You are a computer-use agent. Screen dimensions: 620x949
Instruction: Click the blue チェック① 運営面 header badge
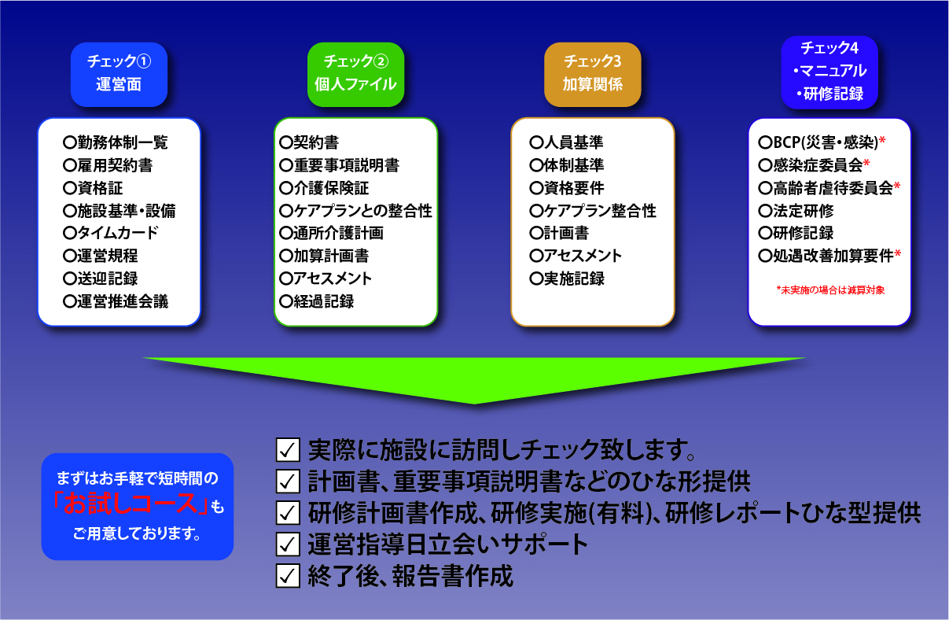click(x=119, y=75)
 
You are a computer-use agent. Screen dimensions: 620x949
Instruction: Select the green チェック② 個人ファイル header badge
click(x=355, y=75)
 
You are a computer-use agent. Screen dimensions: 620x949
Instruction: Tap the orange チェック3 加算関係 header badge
click(x=593, y=75)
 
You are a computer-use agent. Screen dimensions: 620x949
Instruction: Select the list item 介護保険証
click(x=324, y=188)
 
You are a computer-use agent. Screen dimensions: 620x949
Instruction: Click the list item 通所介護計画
click(x=331, y=233)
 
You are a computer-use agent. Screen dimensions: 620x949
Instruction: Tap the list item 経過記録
click(x=316, y=301)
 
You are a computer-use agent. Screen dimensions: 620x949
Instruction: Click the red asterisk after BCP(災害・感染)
click(x=882, y=142)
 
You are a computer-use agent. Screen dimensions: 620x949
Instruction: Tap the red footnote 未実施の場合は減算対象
click(x=830, y=290)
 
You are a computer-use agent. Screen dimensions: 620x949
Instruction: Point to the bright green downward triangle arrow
click(x=474, y=377)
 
